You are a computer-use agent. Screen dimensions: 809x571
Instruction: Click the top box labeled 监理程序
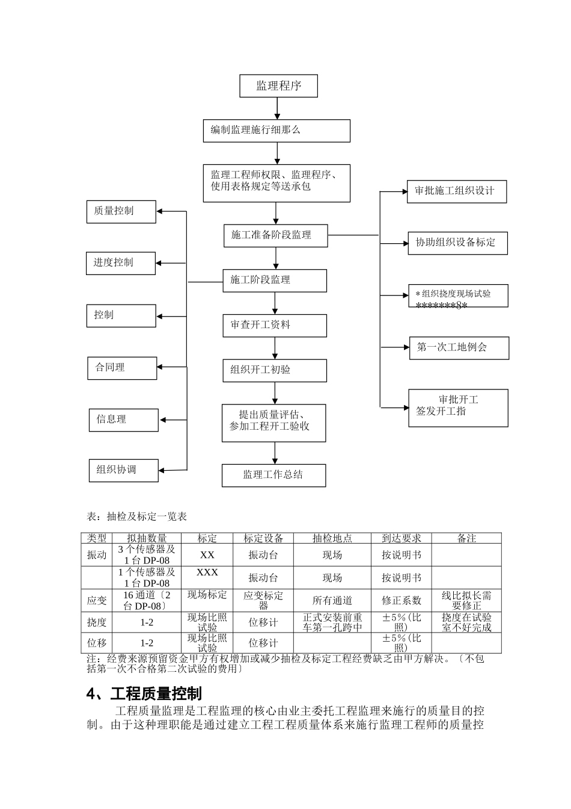coord(278,86)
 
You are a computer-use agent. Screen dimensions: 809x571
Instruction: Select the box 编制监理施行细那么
coord(276,131)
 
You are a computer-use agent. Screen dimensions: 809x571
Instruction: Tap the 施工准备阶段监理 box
coord(275,235)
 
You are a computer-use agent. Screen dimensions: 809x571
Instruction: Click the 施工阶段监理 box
coord(275,281)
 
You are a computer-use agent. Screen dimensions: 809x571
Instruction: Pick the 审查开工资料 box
coord(275,325)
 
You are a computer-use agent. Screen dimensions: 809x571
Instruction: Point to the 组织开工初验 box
coord(275,370)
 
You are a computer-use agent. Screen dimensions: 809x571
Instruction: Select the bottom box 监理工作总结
coord(273,475)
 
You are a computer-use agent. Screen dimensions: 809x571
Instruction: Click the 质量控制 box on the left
coord(121,211)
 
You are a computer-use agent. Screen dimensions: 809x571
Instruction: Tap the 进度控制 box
coord(121,263)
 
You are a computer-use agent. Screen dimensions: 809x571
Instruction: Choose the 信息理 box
coord(124,420)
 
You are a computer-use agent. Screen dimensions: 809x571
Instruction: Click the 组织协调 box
coord(124,470)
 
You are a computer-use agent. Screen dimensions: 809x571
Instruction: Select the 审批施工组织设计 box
coord(456,191)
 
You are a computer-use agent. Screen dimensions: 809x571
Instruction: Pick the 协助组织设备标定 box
coord(457,243)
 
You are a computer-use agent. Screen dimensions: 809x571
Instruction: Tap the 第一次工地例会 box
coord(459,348)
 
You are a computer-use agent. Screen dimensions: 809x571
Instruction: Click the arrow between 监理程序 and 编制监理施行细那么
coord(277,108)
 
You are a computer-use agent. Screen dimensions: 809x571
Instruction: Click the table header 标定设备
coord(263,539)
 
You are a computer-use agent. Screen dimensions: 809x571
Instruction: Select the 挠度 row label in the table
coord(97,622)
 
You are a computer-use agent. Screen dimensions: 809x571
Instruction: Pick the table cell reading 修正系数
coord(401,601)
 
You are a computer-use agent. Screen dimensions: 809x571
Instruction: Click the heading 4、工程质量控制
coord(144,694)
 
